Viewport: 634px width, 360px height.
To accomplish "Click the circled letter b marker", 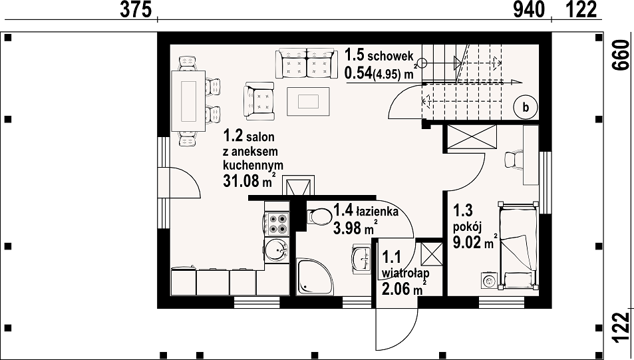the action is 526,108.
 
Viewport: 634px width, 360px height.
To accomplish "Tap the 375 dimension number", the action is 136,10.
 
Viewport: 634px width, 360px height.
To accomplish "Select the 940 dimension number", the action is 529,10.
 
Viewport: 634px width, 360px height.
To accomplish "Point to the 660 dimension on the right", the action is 622,55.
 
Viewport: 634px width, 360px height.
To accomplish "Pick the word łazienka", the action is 377,211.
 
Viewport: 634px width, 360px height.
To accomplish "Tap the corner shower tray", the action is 315,277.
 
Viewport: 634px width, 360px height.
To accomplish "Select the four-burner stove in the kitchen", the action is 277,224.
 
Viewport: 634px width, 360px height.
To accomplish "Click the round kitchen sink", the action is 277,250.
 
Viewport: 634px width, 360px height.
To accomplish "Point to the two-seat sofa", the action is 307,63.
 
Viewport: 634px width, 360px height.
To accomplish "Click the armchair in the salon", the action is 259,101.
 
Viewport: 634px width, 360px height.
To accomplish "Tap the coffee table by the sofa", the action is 308,101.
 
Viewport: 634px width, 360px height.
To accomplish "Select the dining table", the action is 189,100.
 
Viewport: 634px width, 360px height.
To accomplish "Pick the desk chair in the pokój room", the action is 514,158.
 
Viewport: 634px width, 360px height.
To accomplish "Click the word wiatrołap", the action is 406,273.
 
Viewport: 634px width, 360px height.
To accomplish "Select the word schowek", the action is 391,56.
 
